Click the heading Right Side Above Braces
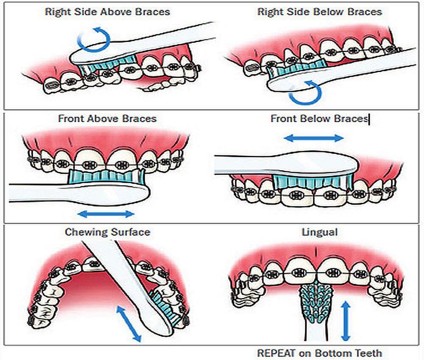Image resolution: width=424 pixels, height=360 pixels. pos(107,11)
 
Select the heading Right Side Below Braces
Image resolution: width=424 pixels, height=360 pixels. pos(319,11)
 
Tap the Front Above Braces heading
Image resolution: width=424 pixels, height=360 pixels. pos(107,119)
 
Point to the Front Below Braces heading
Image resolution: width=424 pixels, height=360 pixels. pos(319,119)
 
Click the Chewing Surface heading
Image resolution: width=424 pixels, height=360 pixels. pos(107,232)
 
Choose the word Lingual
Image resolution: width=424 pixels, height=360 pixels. pos(319,232)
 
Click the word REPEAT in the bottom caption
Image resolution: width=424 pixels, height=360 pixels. pos(276,352)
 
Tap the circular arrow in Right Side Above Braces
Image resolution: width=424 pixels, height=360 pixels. pos(94,39)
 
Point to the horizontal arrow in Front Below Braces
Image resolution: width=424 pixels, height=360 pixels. pos(313,138)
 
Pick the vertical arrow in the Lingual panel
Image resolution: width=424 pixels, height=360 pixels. pos(346,320)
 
